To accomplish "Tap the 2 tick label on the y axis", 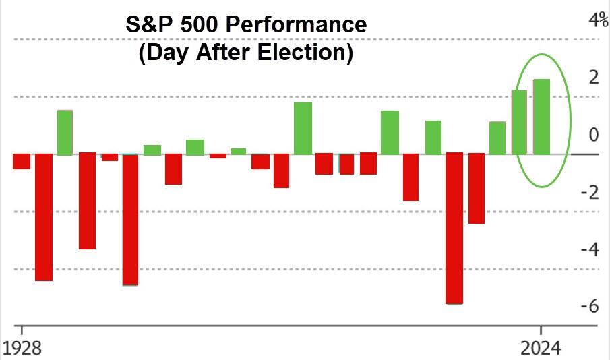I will [x=594, y=77].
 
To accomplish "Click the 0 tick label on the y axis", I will [x=594, y=135].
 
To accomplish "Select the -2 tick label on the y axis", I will [x=590, y=192].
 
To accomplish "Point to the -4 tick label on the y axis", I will [x=590, y=249].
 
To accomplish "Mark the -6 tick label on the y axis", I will [x=590, y=307].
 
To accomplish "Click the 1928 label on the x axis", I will [x=22, y=349].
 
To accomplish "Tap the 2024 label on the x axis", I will [x=541, y=349].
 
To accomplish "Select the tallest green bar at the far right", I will [x=542, y=117].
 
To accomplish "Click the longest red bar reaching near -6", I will [x=454, y=229].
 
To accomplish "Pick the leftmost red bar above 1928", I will [x=22, y=161].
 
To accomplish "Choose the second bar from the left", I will [x=44, y=217].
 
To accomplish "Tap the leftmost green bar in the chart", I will [x=65, y=132].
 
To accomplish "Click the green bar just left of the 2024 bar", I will [x=520, y=122].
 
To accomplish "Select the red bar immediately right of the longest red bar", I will [x=477, y=188].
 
